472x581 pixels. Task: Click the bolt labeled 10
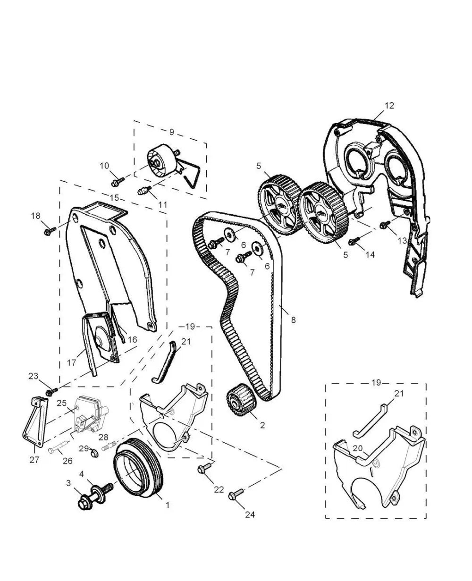[118, 181]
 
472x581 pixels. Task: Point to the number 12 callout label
[389, 106]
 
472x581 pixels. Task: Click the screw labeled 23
[51, 391]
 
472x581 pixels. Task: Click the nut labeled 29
[93, 454]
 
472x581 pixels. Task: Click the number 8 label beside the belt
[293, 320]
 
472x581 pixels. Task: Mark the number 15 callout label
[114, 198]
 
